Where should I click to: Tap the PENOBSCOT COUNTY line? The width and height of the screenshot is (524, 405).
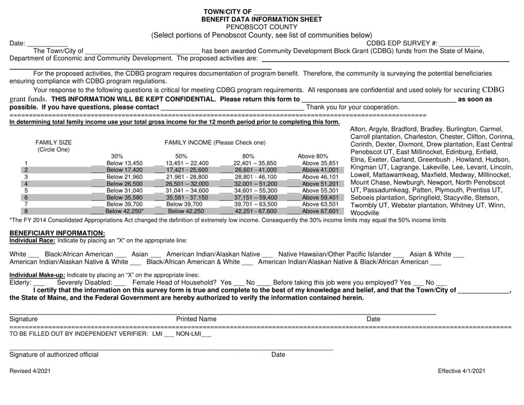pyautogui.click(x=261, y=27)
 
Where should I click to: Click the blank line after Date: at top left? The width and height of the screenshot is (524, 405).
pyautogui.click(x=47, y=44)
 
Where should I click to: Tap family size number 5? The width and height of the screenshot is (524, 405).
pyautogui.click(x=26, y=191)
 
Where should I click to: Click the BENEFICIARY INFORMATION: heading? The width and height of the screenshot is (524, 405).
pyautogui.click(x=57, y=233)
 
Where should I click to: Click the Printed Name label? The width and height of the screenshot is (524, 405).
pyautogui.click(x=196, y=319)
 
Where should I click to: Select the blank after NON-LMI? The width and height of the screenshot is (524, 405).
pyautogui.click(x=206, y=334)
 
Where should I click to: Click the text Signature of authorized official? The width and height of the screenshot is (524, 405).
pyautogui.click(x=54, y=355)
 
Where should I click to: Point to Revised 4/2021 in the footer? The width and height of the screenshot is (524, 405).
pyautogui.click(x=30, y=372)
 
